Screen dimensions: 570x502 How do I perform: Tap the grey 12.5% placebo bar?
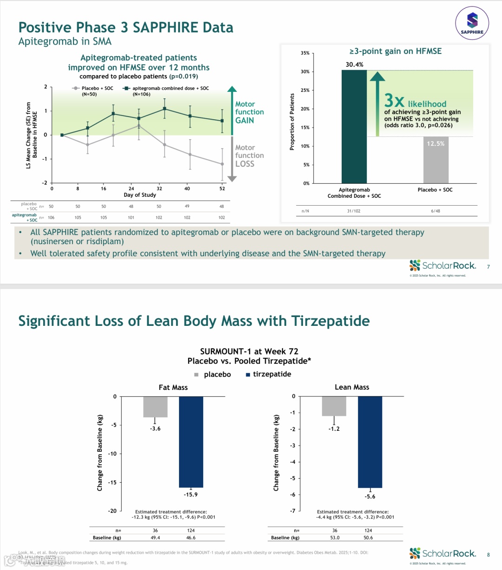(x=436, y=160)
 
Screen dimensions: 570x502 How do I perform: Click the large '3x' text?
(x=394, y=101)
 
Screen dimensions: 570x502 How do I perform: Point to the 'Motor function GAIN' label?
(x=249, y=112)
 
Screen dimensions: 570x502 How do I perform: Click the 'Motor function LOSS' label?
(x=249, y=155)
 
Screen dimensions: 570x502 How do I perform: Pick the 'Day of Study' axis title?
(x=140, y=195)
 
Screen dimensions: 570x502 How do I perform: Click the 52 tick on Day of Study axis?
(x=222, y=188)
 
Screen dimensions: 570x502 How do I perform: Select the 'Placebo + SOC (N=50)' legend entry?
(x=93, y=91)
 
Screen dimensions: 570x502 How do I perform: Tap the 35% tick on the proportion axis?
(x=305, y=53)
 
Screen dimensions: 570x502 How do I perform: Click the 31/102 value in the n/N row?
(x=354, y=211)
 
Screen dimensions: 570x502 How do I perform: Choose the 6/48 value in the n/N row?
(x=436, y=211)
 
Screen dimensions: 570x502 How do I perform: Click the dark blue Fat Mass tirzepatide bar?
(x=191, y=441)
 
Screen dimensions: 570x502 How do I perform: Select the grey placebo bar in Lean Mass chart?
(x=334, y=406)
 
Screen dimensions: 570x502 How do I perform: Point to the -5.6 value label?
(x=370, y=497)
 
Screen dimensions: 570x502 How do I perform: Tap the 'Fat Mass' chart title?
(x=173, y=388)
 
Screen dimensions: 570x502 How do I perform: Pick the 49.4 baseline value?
(x=155, y=538)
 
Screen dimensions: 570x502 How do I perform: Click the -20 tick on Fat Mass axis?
(x=112, y=511)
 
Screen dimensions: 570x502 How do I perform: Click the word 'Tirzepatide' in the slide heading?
(x=330, y=321)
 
